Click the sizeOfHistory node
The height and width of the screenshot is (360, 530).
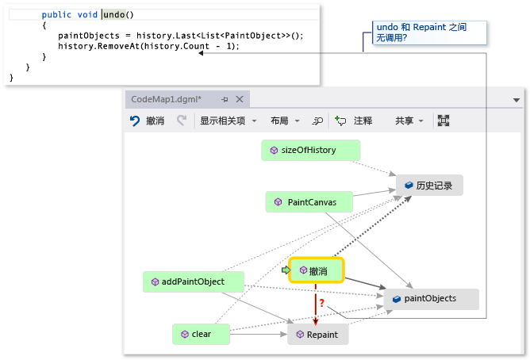pos(310,150)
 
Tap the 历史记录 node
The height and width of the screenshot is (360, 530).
pos(429,185)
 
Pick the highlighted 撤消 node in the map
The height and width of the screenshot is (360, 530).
pos(317,270)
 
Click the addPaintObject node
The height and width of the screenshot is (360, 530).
pos(193,281)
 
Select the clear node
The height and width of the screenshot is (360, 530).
pos(201,334)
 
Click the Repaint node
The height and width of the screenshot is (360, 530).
pos(317,335)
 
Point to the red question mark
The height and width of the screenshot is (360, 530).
pos(321,302)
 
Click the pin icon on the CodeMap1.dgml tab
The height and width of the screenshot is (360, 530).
pos(225,99)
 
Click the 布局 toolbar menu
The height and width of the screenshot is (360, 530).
pos(284,121)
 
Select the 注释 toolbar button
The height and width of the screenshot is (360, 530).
pos(354,121)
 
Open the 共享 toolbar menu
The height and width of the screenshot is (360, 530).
pos(409,121)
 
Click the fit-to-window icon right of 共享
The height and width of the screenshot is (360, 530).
pos(444,121)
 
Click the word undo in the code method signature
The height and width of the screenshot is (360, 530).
pos(113,15)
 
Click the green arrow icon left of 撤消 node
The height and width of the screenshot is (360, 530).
pos(286,270)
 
